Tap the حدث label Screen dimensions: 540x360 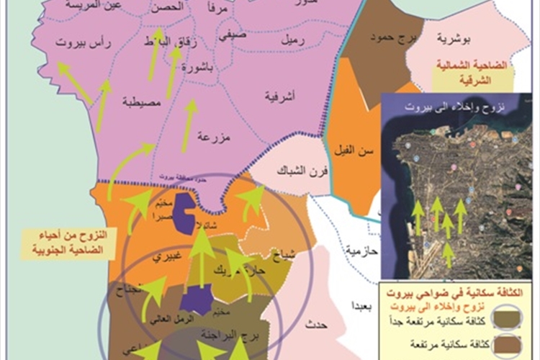coord(315,325)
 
